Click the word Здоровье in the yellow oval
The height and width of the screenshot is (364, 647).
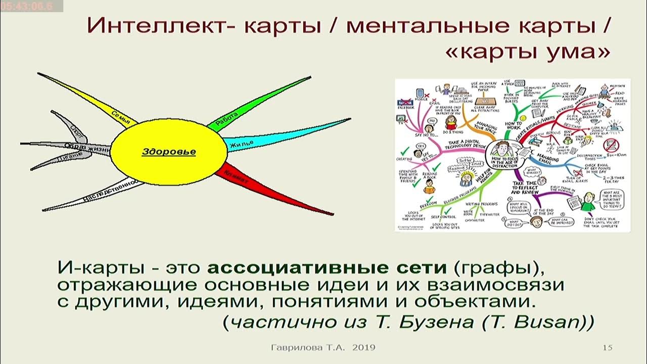[x=168, y=151]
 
